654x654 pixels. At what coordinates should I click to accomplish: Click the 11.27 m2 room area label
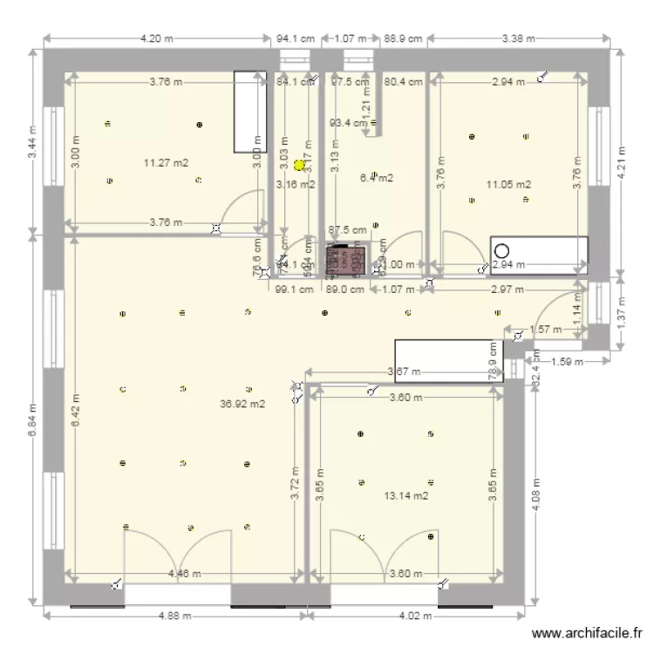click(x=166, y=161)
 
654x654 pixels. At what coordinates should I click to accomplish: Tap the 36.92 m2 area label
click(x=243, y=404)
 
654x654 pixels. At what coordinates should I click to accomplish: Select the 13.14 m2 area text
click(x=406, y=496)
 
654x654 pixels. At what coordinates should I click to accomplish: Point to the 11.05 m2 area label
click(x=510, y=184)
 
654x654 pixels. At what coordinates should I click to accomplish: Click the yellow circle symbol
click(x=299, y=164)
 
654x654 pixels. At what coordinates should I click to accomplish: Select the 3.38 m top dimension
click(x=520, y=38)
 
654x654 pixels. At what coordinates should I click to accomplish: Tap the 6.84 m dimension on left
click(x=32, y=419)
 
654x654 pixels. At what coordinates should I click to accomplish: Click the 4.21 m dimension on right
click(x=621, y=163)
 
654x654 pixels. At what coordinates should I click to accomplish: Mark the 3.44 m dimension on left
click(x=32, y=142)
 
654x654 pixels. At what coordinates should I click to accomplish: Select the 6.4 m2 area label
click(x=376, y=178)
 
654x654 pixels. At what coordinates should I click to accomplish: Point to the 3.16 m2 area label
click(x=295, y=184)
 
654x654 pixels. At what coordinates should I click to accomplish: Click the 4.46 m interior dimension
click(x=186, y=574)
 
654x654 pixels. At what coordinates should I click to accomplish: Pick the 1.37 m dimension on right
click(x=621, y=310)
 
